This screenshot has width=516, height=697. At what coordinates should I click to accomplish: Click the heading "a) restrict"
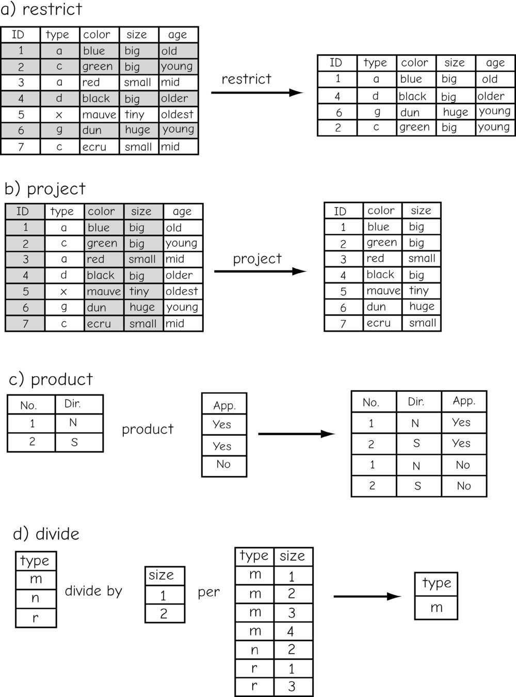(42, 9)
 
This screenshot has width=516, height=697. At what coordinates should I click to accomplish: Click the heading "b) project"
(45, 188)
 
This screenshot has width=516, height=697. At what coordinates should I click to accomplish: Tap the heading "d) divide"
(46, 533)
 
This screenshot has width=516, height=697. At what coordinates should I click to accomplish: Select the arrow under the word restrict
(257, 93)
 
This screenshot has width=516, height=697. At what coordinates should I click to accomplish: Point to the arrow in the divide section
(367, 596)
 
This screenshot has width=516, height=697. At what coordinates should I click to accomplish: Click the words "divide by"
(93, 591)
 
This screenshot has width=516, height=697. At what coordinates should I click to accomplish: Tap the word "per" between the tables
(208, 592)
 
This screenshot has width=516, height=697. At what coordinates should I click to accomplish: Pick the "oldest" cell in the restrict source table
(177, 114)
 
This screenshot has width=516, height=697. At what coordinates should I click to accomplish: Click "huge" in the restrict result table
(456, 112)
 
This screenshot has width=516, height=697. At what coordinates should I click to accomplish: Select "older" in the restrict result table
(491, 96)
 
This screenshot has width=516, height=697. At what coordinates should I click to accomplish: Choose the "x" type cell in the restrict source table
(59, 114)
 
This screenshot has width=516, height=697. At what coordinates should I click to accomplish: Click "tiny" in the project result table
(418, 291)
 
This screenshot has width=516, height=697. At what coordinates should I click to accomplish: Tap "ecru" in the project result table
(378, 323)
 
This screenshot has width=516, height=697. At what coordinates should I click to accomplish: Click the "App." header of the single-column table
(224, 405)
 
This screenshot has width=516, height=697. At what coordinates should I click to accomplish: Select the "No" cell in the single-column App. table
(223, 464)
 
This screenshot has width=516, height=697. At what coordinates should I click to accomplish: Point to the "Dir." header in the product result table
(416, 402)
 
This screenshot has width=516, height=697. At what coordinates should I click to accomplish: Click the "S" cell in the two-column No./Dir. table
(74, 442)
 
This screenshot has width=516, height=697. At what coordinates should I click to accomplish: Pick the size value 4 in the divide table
(291, 631)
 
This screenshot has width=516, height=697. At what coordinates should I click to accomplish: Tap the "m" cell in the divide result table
(437, 608)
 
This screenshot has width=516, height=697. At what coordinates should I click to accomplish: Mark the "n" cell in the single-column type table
(35, 598)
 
